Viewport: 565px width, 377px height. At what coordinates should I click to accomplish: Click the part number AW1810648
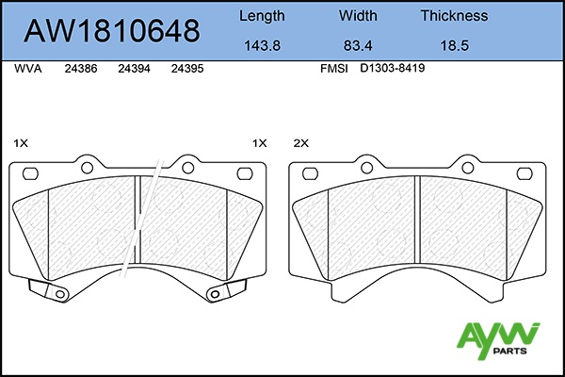coord(112,30)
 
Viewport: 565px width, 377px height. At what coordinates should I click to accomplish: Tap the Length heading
coord(262,16)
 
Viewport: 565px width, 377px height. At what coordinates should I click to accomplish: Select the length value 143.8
coord(263,46)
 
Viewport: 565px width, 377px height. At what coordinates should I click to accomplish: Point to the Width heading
coord(358,15)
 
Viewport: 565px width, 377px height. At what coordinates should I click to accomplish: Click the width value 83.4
coord(358,46)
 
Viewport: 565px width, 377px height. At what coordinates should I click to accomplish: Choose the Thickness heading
coord(455,15)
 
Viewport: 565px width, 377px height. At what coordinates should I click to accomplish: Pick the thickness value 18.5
coord(455,46)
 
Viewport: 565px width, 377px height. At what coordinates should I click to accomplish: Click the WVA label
coord(28,69)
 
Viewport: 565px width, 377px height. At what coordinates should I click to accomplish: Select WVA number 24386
coord(81,69)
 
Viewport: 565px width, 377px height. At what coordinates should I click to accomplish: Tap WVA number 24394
coord(134,69)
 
